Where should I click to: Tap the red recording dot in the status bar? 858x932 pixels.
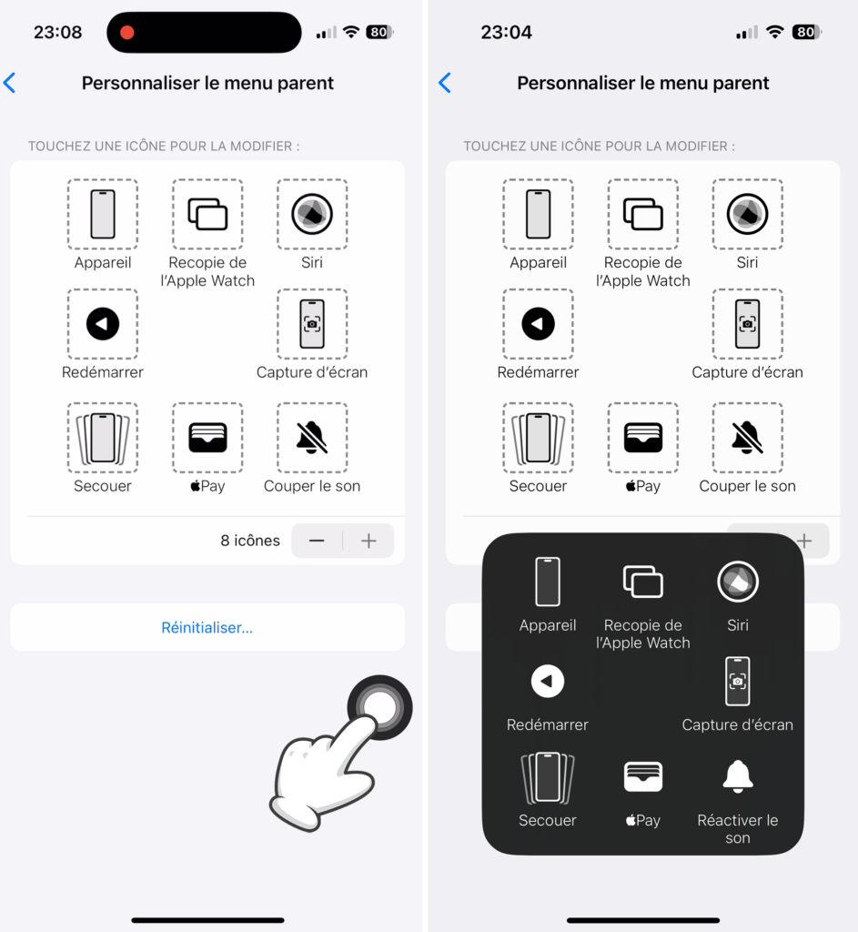pyautogui.click(x=127, y=33)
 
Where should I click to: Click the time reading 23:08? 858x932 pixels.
pyautogui.click(x=57, y=33)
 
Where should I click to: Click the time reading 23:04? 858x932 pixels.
pyautogui.click(x=506, y=33)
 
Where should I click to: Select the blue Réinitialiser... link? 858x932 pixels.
pyautogui.click(x=207, y=628)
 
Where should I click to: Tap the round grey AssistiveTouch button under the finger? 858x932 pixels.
pyautogui.click(x=379, y=707)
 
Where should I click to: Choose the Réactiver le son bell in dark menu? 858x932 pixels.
pyautogui.click(x=738, y=775)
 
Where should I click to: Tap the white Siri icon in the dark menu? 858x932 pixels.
pyautogui.click(x=738, y=582)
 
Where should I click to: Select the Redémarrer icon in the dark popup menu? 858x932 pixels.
pyautogui.click(x=548, y=681)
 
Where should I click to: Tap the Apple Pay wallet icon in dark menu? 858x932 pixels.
pyautogui.click(x=642, y=776)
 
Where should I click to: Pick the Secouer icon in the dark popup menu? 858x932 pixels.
pyautogui.click(x=548, y=776)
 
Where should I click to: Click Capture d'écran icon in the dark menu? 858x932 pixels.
pyautogui.click(x=738, y=681)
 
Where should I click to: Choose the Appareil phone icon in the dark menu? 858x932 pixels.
pyautogui.click(x=548, y=582)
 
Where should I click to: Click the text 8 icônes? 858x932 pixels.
pyautogui.click(x=250, y=541)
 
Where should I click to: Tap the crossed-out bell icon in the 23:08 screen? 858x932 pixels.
pyautogui.click(x=312, y=438)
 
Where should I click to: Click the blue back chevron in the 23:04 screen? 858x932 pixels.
pyautogui.click(x=445, y=84)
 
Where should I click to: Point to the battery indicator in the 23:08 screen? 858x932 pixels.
pyautogui.click(x=379, y=33)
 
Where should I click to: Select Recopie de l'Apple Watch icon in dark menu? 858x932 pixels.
pyautogui.click(x=642, y=582)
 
